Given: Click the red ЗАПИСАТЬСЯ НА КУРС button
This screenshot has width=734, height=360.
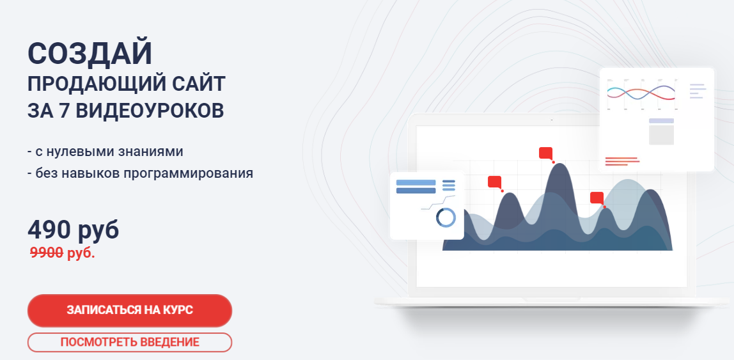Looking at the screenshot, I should coord(129,311).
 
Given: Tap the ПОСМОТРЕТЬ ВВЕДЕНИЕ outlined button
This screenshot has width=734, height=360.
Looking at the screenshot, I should coord(129,342).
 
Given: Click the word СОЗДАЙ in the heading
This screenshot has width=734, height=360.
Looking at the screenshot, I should coord(90,54).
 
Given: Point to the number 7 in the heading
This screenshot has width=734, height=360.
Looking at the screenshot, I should coord(63,109).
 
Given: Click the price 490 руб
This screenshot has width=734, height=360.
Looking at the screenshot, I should coord(73,230).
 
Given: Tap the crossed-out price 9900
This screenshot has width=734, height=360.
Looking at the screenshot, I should coord(47,253).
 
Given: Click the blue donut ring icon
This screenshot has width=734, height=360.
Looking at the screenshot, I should coord(446,217).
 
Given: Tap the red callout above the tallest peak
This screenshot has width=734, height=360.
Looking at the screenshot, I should coord(545,152).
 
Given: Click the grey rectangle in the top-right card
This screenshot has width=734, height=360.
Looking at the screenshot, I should coord(661,134).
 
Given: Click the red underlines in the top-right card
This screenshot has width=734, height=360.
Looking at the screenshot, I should coord(621,161).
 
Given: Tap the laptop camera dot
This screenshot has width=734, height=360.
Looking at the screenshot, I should coord(551,119).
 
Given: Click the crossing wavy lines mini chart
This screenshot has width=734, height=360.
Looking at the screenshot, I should coord(641,93).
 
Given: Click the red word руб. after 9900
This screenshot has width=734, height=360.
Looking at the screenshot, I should coord(81,253).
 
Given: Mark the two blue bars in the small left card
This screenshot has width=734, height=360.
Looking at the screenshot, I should coord(416,186).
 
